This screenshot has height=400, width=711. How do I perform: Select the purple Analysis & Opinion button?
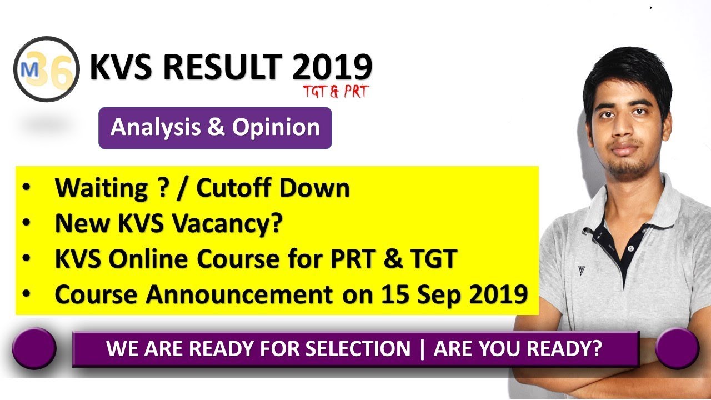[215, 128]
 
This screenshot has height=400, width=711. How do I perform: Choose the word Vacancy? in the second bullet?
[232, 224]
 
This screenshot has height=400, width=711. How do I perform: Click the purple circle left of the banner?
[34, 348]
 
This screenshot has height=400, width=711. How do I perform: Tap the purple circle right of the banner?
[676, 348]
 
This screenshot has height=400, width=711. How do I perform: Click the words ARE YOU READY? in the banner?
[518, 348]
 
